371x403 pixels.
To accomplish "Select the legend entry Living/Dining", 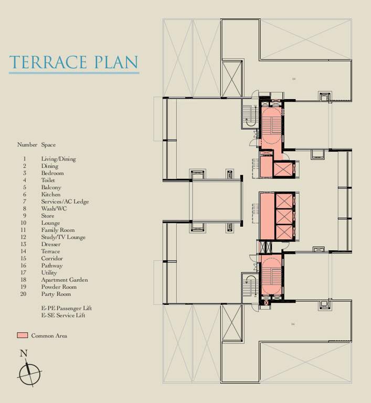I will coord(58,159).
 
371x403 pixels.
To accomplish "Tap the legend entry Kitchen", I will coord(50,195).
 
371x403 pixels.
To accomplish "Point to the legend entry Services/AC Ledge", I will coord(65,201).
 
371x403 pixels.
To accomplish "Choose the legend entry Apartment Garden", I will coord(64,280).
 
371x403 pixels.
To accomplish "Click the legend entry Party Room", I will coord(56,294).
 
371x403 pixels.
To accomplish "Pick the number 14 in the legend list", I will coord(24,251).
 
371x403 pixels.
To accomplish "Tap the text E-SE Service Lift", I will coord(63,315).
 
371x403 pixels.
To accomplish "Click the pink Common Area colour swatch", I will coord(22,335).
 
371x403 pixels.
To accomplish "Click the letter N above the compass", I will coord(24,354).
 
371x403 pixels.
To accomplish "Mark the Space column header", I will coord(48,145).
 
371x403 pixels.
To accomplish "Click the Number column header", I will coord(27,145).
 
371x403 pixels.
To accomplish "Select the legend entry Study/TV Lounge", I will coord(63,237).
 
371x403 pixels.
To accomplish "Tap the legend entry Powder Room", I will coord(59,287).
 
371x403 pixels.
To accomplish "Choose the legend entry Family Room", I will coord(58,230).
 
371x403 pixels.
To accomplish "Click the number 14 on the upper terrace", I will coord(293,79).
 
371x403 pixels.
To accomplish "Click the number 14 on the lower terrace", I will coord(292,324).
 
